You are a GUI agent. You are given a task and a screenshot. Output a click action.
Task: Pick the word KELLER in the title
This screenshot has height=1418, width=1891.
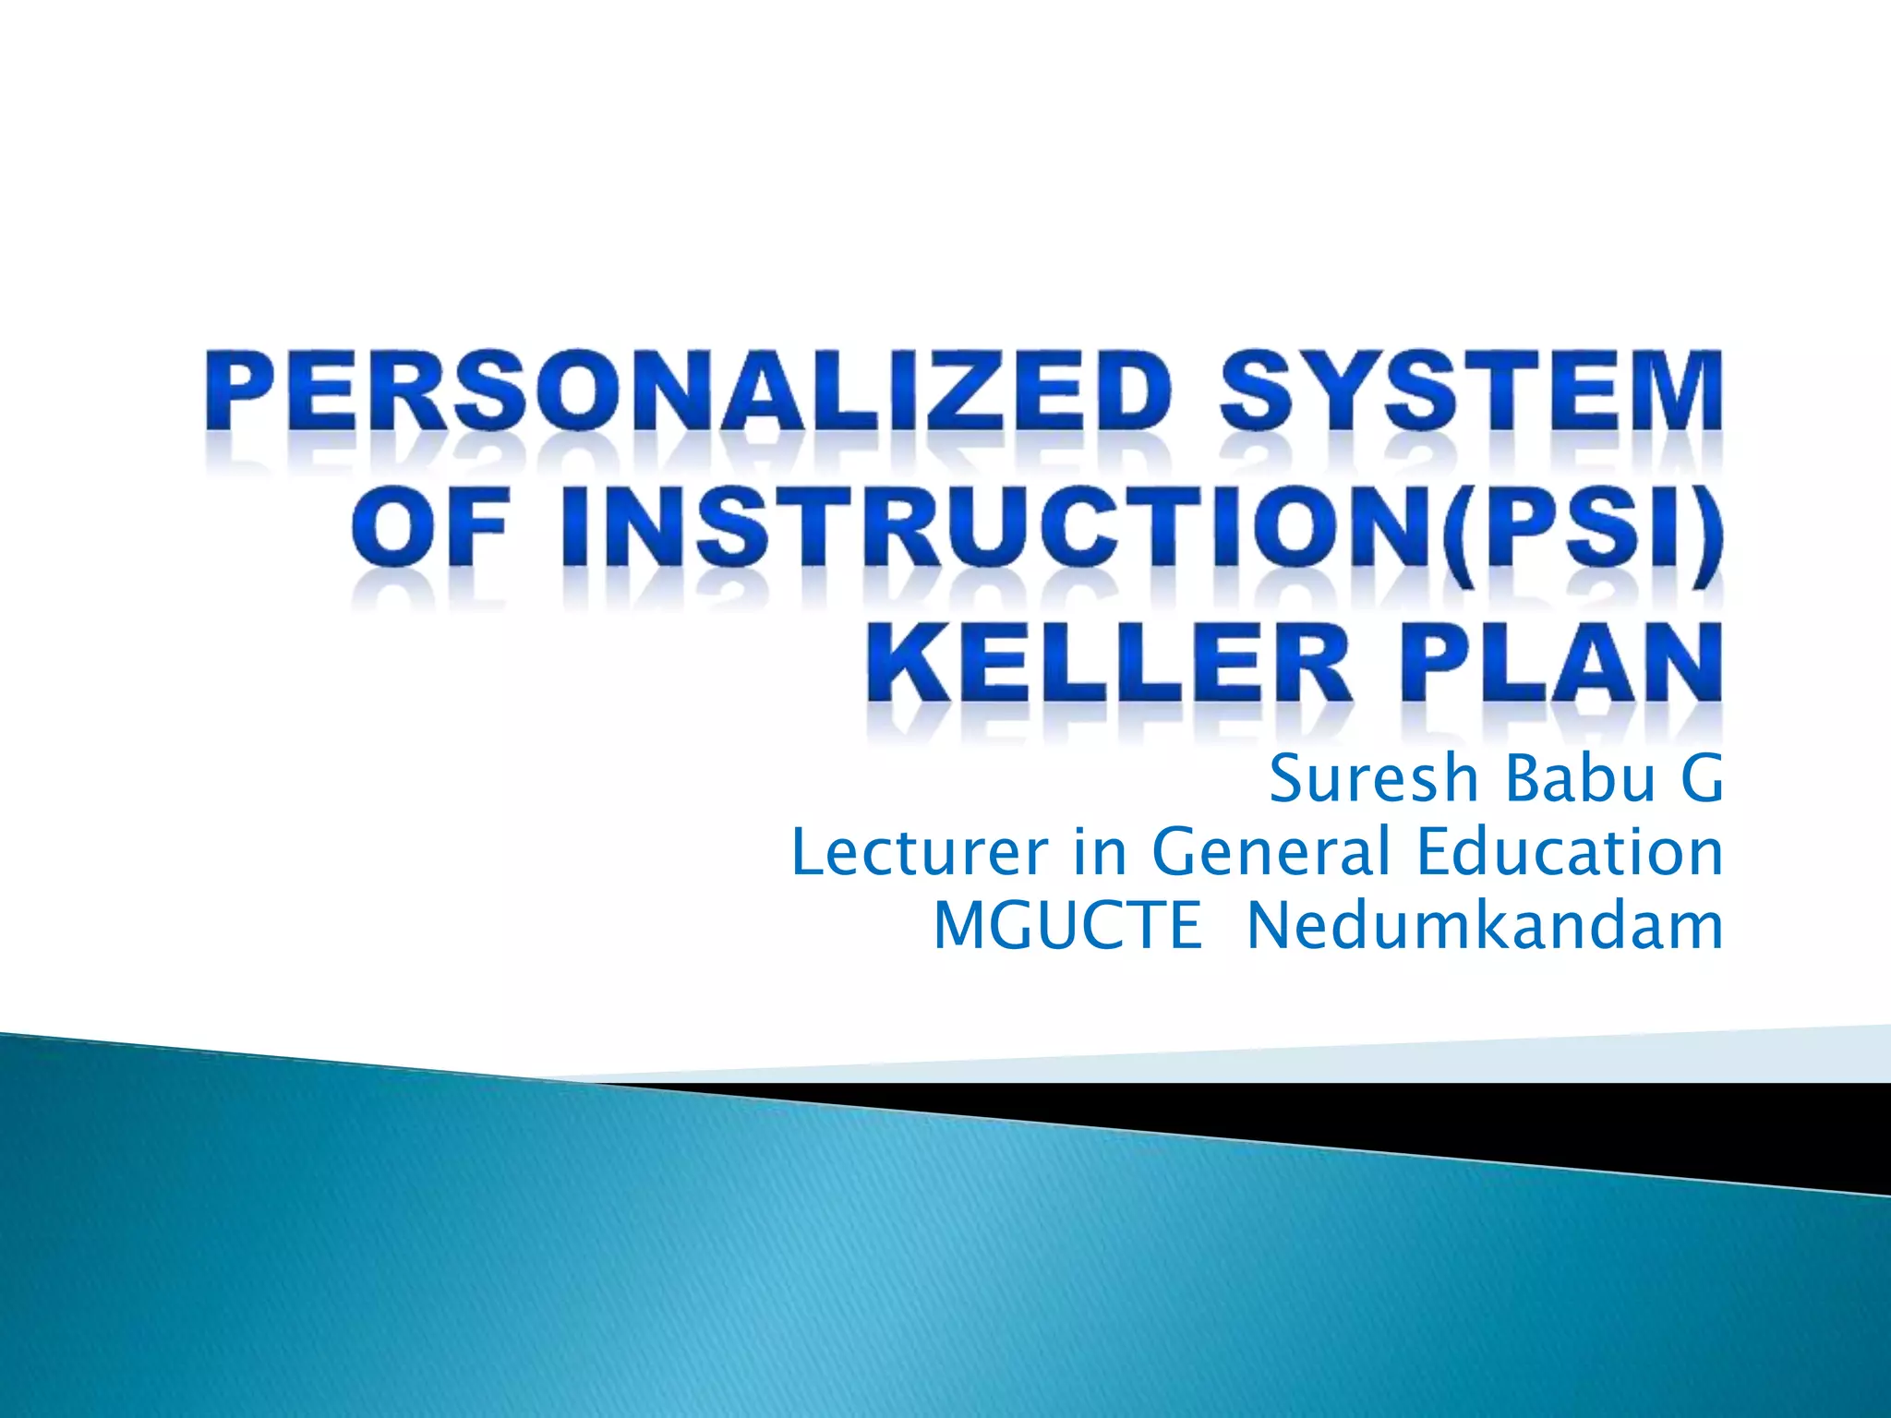[x=1108, y=667]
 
